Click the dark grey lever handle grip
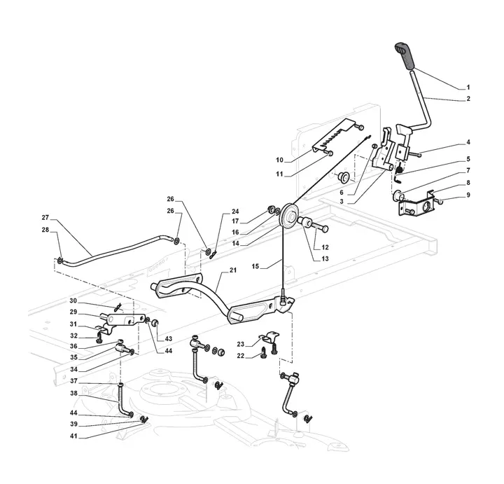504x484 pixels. click(x=405, y=55)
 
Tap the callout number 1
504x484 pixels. click(x=468, y=87)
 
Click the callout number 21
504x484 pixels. click(x=233, y=270)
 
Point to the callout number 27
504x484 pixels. click(x=45, y=218)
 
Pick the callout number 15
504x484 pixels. click(x=255, y=266)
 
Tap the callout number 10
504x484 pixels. click(x=279, y=160)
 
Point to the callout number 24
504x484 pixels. click(x=235, y=212)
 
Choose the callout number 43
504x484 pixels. click(x=169, y=338)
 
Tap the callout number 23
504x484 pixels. click(x=241, y=344)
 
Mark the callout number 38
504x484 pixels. click(x=74, y=393)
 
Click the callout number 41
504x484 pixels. click(x=74, y=436)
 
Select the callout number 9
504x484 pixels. click(x=468, y=195)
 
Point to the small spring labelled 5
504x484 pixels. click(x=398, y=167)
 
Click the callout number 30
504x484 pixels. click(x=73, y=300)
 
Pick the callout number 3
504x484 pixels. click(x=342, y=201)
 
